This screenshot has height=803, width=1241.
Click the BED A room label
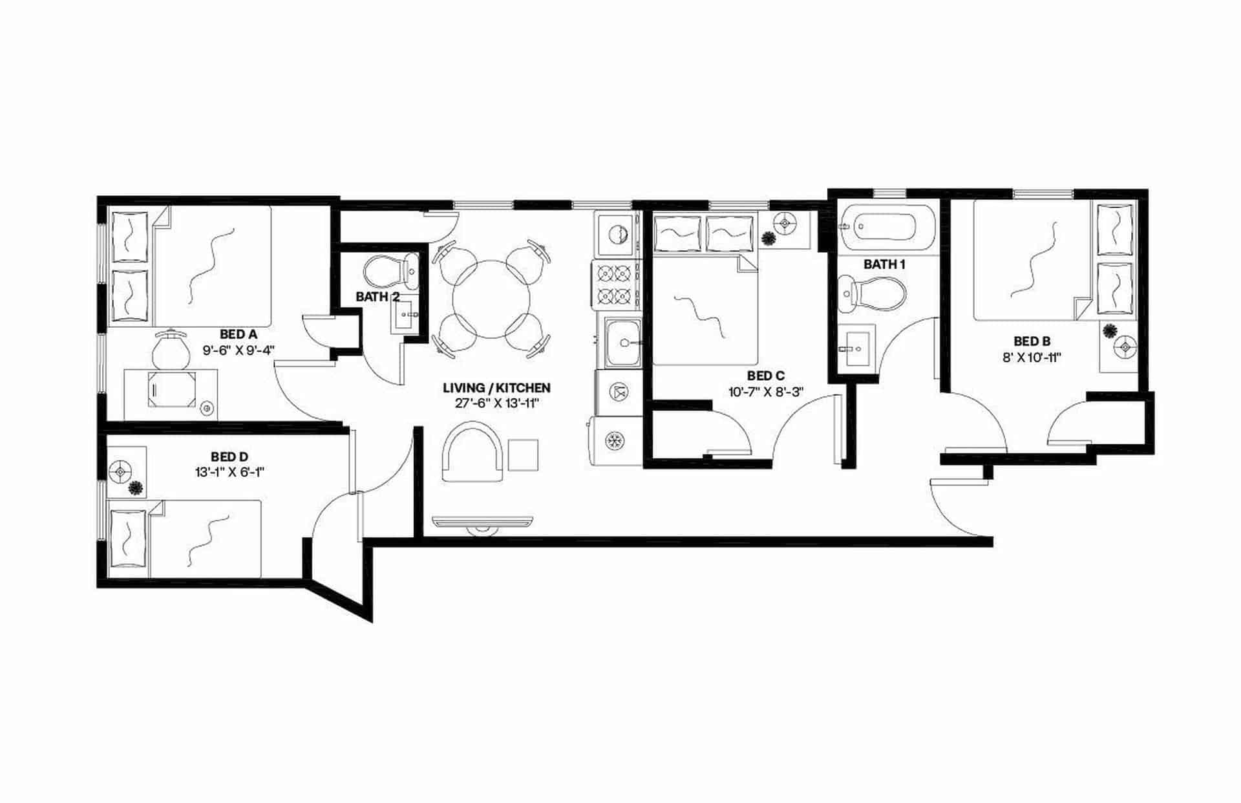pyautogui.click(x=238, y=334)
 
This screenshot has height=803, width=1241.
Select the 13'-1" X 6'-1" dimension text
pyautogui.click(x=229, y=473)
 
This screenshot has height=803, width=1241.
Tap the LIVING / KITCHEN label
pyautogui.click(x=496, y=388)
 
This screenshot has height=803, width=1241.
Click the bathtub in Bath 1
pyautogui.click(x=885, y=227)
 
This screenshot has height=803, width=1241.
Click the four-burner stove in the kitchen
pyautogui.click(x=614, y=284)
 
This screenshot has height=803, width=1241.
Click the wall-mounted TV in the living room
pyautogui.click(x=482, y=522)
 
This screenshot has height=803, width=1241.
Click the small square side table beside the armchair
pyautogui.click(x=523, y=455)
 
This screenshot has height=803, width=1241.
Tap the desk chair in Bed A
pyautogui.click(x=171, y=350)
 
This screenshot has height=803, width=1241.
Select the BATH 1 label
pyautogui.click(x=884, y=264)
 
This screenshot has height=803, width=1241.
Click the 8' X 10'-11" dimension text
pyautogui.click(x=1032, y=357)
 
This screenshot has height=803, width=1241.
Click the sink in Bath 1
pyautogui.click(x=856, y=348)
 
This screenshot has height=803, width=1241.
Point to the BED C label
pyautogui.click(x=765, y=376)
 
